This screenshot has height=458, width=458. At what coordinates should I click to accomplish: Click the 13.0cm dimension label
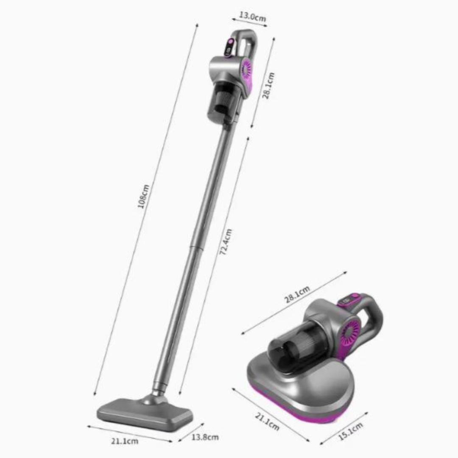[252, 17]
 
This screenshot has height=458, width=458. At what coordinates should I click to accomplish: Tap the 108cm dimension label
[143, 196]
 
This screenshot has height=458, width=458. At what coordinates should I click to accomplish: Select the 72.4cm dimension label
[226, 242]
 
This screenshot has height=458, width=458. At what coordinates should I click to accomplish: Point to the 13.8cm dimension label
[205, 437]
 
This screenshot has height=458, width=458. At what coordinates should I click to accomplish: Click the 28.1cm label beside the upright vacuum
[268, 86]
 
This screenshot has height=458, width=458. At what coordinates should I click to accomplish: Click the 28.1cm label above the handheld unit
[297, 294]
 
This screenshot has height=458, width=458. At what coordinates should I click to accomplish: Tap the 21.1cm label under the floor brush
[125, 441]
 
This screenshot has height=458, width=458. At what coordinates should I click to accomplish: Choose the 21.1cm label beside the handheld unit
[267, 422]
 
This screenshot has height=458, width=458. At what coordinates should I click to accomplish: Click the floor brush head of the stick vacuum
[145, 412]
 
